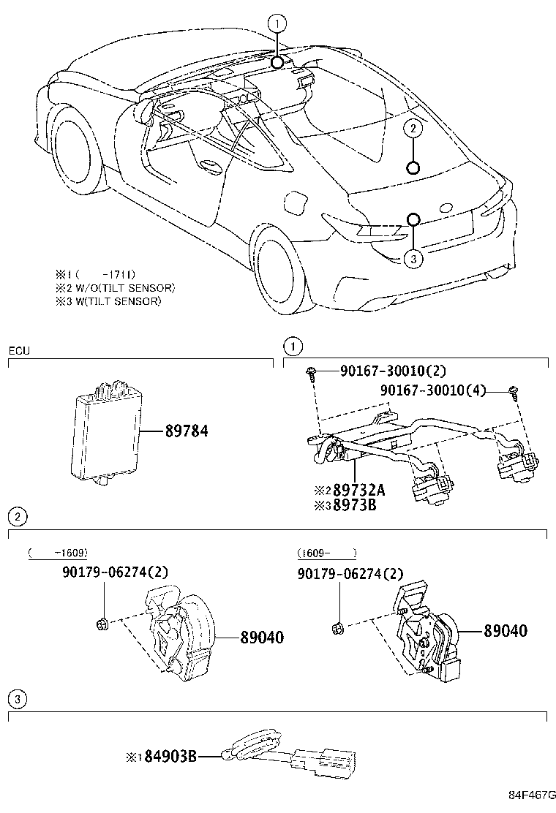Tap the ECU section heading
(19, 350)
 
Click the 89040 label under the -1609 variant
(262, 638)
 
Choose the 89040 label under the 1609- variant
(504, 630)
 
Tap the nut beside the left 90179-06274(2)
(102, 623)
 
